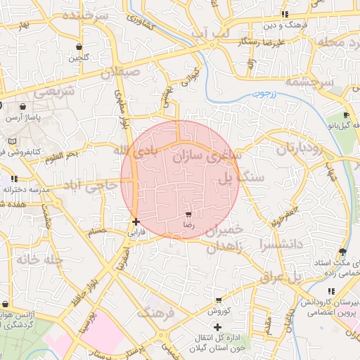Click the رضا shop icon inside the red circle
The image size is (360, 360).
(188, 214)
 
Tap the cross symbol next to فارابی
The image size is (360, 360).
(136, 221)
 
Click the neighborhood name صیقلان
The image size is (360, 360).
(120, 72)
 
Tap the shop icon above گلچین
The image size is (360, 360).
(79, 47)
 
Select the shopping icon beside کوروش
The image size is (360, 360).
(218, 300)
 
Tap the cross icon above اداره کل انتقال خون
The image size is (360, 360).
(217, 327)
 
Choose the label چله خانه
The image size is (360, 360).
(40, 259)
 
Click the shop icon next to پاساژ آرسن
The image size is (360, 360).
(23, 107)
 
